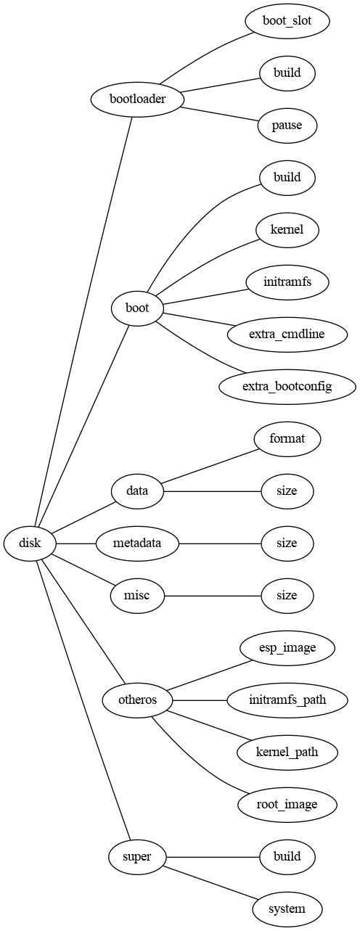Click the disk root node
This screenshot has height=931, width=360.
pyautogui.click(x=30, y=544)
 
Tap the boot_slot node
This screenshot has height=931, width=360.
pyautogui.click(x=287, y=21)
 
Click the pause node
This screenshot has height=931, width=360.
pyautogui.click(x=287, y=126)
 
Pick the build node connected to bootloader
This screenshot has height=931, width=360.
pyautogui.click(x=287, y=73)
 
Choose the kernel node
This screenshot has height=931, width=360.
pyautogui.click(x=287, y=230)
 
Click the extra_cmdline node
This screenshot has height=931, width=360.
pyautogui.click(x=287, y=335)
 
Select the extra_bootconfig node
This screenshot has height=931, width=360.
pyautogui.click(x=287, y=387)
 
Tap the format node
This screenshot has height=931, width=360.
pyautogui.click(x=287, y=439)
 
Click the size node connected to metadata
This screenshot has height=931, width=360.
pyautogui.click(x=287, y=544)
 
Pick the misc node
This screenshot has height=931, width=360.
pyautogui.click(x=137, y=596)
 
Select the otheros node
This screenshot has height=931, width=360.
pyautogui.click(x=137, y=700)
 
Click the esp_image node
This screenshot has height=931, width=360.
pyautogui.click(x=287, y=648)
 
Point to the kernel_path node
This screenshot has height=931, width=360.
pyautogui.click(x=287, y=752)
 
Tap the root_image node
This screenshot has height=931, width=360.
pyautogui.click(x=287, y=805)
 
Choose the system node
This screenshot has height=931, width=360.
pyautogui.click(x=287, y=909)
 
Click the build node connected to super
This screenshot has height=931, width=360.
pyautogui.click(x=287, y=857)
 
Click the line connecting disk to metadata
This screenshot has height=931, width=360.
pyautogui.click(x=76, y=544)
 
